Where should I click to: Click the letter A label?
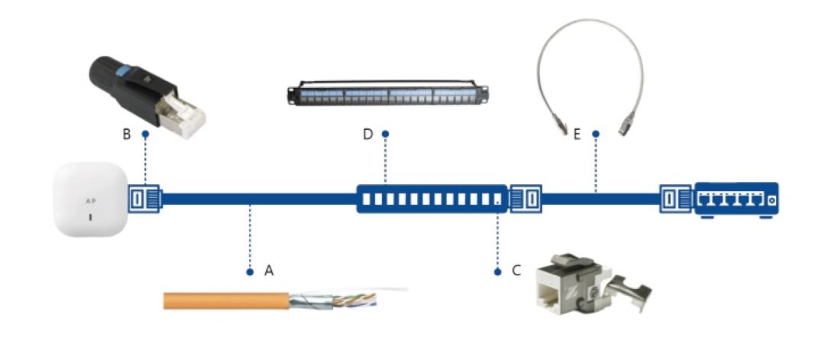tap(268, 271)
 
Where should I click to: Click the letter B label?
tap(127, 134)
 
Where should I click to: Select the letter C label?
tap(516, 271)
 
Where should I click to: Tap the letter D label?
tap(367, 135)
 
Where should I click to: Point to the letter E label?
tap(577, 134)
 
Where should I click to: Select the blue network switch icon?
tap(736, 200)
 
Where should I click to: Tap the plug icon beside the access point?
tap(143, 199)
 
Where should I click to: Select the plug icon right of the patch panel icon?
tap(526, 199)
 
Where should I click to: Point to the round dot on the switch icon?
tap(769, 201)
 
